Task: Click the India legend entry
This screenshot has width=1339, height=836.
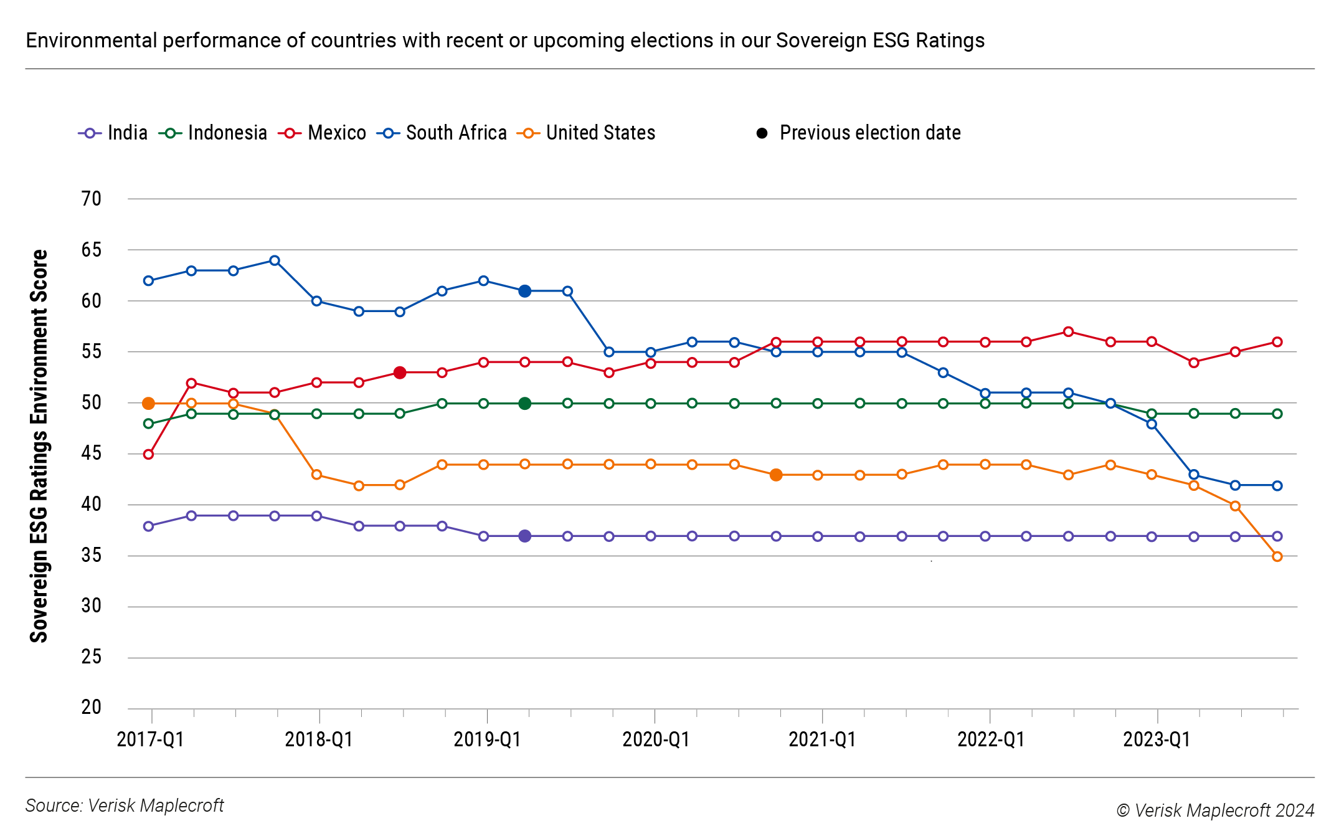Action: pos(113,133)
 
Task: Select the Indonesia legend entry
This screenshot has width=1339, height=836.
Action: pos(213,133)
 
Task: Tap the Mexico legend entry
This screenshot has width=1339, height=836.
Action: pos(323,133)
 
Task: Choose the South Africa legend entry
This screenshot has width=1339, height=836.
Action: pos(442,133)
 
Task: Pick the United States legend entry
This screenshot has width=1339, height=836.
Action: pos(587,133)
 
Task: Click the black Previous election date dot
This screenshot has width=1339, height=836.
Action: pos(762,133)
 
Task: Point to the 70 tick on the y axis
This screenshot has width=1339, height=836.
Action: pos(91,199)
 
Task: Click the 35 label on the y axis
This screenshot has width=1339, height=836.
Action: pos(91,555)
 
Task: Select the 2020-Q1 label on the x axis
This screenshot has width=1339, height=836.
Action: pos(656,739)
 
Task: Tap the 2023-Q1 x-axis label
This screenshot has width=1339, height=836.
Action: pos(1157,739)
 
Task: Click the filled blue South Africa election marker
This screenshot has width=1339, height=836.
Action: pos(525,291)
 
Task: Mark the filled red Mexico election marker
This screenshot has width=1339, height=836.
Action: pos(400,373)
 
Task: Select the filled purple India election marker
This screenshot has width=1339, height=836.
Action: pos(525,536)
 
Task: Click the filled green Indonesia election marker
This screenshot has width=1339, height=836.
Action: pos(525,403)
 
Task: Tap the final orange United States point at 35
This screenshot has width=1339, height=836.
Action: pos(1277,556)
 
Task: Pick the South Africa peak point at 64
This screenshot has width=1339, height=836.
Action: pos(275,260)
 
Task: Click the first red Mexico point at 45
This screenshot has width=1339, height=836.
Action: pos(148,454)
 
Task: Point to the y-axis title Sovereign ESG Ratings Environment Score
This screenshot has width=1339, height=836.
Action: pos(39,446)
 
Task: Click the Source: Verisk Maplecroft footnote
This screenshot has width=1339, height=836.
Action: pos(124,805)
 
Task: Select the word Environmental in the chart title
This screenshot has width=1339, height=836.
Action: pos(92,40)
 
